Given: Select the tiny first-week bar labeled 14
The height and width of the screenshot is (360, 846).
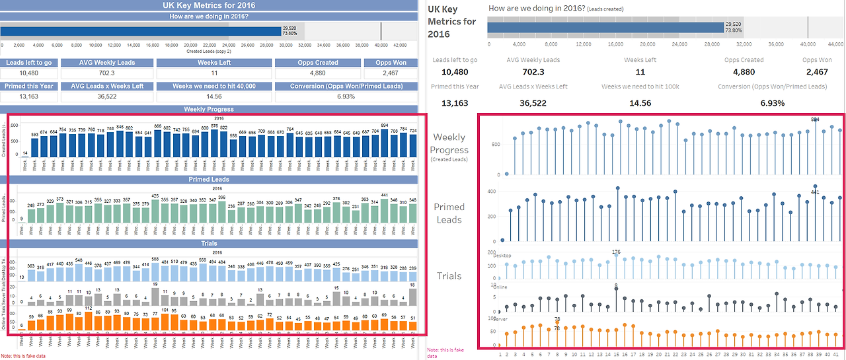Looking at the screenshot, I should pyautogui.click(x=25, y=157).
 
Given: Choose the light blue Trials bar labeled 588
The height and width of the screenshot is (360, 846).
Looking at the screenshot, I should pyautogui.click(x=156, y=271).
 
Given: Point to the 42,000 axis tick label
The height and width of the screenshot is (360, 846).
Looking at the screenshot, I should pyautogui.click(x=400, y=46).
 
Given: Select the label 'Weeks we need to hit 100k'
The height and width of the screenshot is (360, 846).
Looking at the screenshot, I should pyautogui.click(x=640, y=87).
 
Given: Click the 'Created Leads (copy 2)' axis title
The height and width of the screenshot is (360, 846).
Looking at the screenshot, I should pyautogui.click(x=209, y=51).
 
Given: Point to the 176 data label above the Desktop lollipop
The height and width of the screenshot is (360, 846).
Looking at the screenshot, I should pyautogui.click(x=617, y=252).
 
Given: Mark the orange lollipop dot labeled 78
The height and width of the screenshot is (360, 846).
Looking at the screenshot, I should pyautogui.click(x=557, y=322).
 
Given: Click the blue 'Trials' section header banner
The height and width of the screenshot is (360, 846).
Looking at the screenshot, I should pyautogui.click(x=209, y=243).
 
